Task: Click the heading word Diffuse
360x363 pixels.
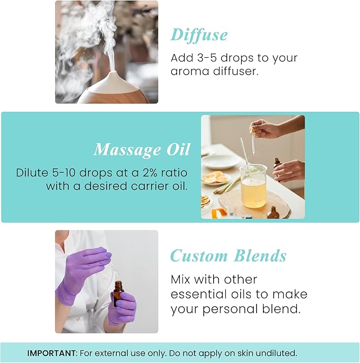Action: pos(199,35)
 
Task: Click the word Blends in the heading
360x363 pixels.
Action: pos(259,256)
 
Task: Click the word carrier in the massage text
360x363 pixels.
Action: pos(152,186)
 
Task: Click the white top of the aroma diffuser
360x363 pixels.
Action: pos(112,80)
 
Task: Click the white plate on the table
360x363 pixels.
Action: pos(220,161)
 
